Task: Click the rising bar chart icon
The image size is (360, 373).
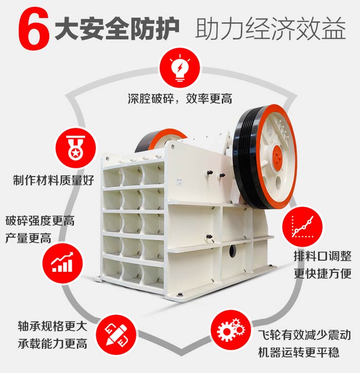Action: [x=62, y=261]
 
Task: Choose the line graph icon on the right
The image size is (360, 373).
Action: [x=302, y=225]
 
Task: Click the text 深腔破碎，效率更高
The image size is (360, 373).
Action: [x=180, y=99]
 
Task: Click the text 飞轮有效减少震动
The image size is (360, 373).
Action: [x=305, y=335]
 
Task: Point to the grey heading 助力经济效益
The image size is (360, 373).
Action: [x=270, y=29]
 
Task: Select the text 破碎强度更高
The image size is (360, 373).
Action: [x=40, y=221]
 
